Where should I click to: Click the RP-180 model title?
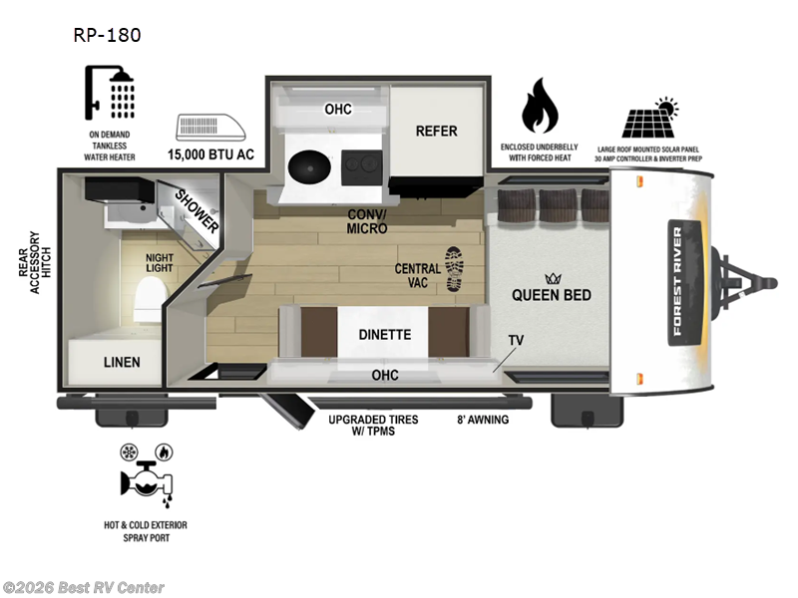click(x=107, y=36)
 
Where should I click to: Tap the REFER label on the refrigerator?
click(x=436, y=131)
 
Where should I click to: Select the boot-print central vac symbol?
click(x=454, y=268)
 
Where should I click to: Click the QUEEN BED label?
click(x=551, y=294)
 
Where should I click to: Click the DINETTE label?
click(x=385, y=335)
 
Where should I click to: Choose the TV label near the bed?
click(x=516, y=340)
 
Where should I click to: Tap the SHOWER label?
click(x=196, y=210)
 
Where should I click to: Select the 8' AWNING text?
click(x=483, y=420)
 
